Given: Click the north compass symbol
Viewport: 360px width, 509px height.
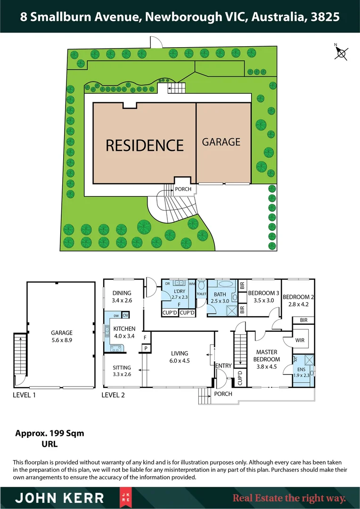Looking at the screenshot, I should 341,53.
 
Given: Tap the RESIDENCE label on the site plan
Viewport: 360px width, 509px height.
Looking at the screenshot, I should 144,145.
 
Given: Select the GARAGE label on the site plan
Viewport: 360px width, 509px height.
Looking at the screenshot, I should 221,142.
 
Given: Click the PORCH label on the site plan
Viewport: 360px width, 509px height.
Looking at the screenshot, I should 183,189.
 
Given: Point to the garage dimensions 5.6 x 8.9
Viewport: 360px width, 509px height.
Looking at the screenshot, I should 62,339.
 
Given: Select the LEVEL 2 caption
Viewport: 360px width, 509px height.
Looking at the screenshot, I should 114,395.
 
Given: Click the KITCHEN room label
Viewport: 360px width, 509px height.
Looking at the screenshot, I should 124,329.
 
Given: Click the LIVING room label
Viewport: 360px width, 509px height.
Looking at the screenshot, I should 180,353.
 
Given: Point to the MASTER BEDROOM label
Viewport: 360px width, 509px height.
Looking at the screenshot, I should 267,355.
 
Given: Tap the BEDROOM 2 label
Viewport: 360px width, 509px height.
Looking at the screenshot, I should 298,297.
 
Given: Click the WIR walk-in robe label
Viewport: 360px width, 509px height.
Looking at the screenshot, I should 299,339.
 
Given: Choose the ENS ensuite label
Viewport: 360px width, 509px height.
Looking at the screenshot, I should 302,369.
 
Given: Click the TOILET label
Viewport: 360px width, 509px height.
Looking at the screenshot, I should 201,294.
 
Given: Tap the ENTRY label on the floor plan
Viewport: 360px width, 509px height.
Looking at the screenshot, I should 223,365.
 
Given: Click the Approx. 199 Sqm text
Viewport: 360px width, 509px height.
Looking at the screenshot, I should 49,433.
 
